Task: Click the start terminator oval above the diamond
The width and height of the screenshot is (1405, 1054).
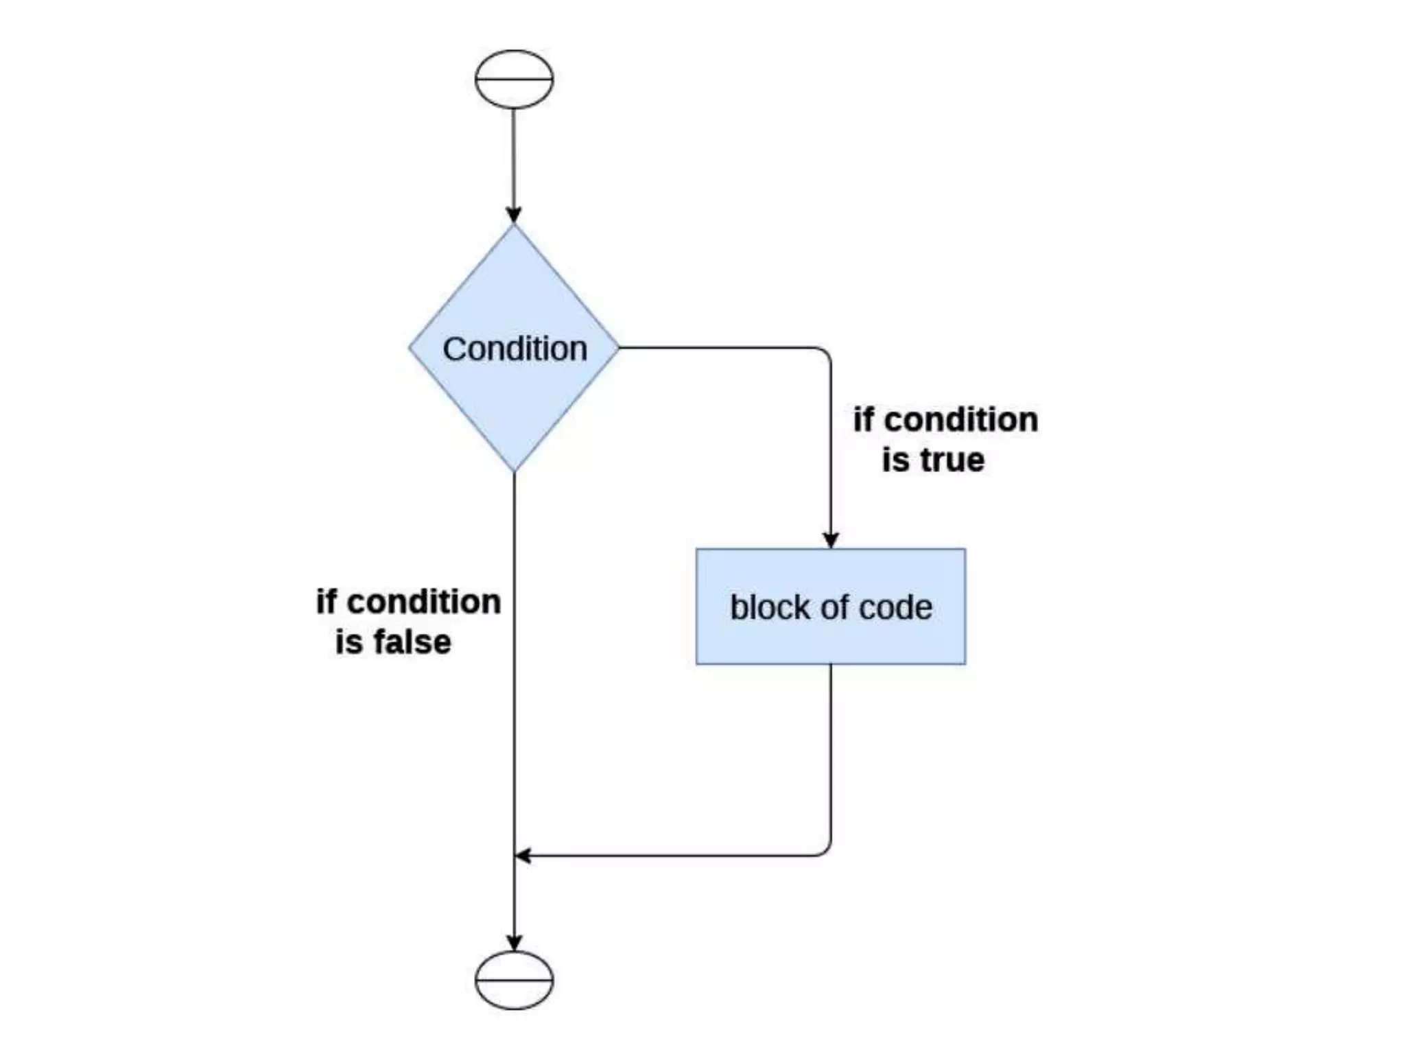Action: coord(514,79)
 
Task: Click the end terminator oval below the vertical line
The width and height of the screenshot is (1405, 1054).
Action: coord(514,980)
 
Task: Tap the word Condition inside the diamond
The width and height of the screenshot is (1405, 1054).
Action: coord(515,349)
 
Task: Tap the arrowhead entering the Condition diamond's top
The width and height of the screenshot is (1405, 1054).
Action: coord(514,215)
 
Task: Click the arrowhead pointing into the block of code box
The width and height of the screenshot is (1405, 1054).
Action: coord(831,540)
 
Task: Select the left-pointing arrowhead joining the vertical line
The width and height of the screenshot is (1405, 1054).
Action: coord(523,856)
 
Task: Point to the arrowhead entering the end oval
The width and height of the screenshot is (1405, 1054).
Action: coord(514,942)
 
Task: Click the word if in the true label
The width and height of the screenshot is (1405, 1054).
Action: coord(864,419)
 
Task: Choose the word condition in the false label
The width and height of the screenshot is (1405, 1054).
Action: coord(424,602)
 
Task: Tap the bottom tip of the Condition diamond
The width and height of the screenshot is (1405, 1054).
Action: coord(514,469)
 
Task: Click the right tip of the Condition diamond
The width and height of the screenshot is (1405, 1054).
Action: coord(617,348)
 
